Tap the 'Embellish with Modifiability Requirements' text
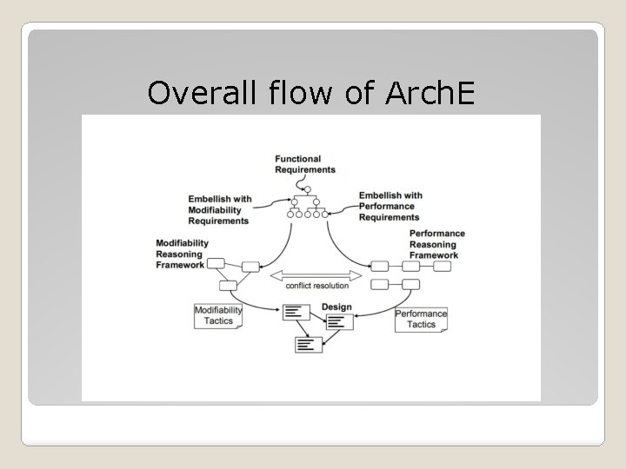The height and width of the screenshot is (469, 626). (220, 209)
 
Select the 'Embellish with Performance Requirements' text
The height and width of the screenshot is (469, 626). (390, 206)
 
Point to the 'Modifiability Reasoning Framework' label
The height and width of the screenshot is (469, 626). (180, 254)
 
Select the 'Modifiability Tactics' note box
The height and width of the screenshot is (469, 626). (217, 314)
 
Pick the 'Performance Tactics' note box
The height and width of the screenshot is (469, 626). (421, 319)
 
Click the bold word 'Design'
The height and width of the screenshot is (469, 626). (336, 307)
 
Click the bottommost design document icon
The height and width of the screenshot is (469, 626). (308, 343)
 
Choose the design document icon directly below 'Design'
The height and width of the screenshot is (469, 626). (339, 321)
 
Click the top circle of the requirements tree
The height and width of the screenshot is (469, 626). (306, 188)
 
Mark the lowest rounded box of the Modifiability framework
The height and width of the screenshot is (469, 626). (229, 285)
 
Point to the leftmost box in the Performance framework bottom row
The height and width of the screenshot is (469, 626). (380, 284)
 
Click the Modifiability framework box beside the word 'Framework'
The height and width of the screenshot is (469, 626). (215, 264)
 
